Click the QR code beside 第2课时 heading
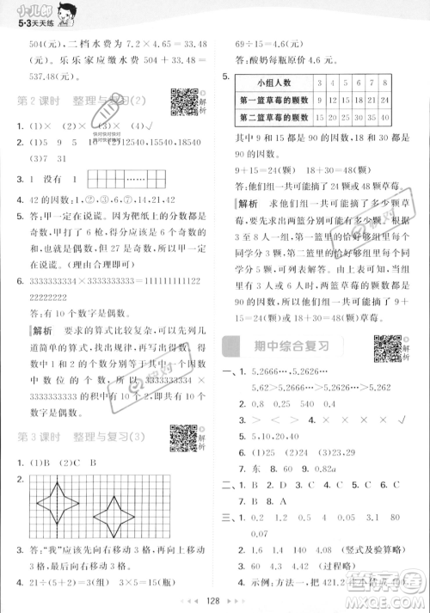[181, 101]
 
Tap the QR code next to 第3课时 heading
[182, 438]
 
